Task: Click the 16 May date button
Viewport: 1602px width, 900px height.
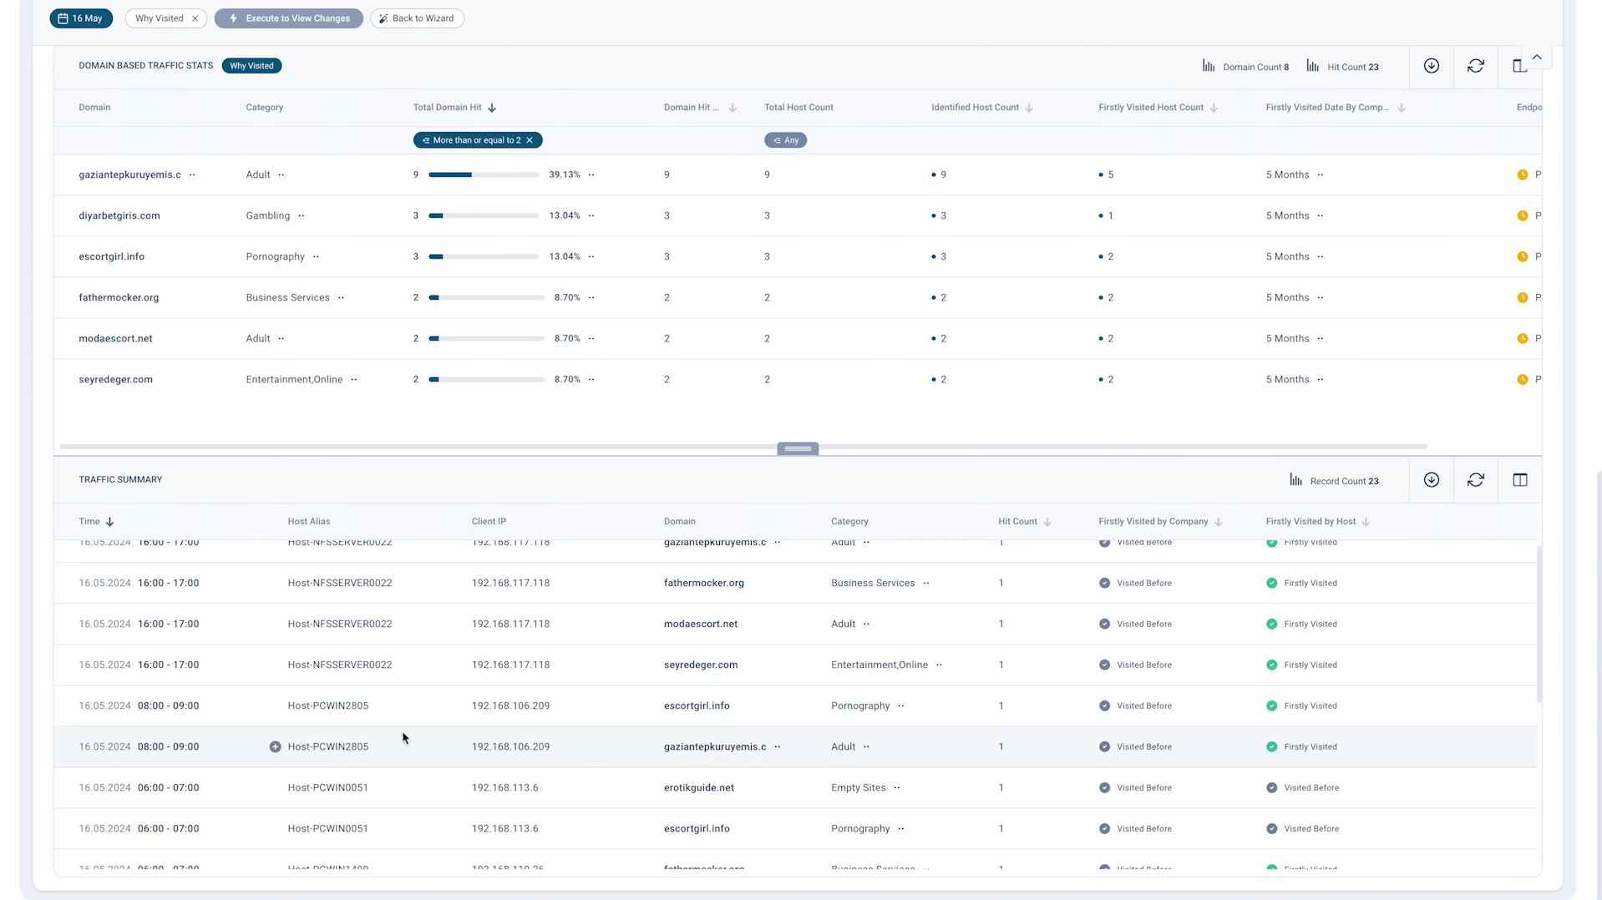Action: (x=81, y=18)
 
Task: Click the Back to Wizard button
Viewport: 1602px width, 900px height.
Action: (x=417, y=18)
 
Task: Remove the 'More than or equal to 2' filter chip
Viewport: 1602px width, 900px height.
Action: (x=530, y=140)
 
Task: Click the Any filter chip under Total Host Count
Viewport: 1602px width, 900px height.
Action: (x=785, y=140)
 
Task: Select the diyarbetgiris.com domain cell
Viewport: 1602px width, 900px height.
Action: (x=119, y=215)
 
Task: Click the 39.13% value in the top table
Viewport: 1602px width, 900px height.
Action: (x=564, y=174)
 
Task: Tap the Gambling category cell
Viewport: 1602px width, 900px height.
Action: (x=268, y=215)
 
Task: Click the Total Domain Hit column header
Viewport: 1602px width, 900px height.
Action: (x=448, y=108)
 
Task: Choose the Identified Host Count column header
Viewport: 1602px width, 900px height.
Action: (x=975, y=108)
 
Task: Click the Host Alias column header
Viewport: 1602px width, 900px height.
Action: (x=309, y=522)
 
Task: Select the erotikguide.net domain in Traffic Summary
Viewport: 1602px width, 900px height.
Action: (x=699, y=787)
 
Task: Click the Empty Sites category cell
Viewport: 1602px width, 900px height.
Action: (x=858, y=787)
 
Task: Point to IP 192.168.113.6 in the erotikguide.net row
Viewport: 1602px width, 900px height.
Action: (x=504, y=787)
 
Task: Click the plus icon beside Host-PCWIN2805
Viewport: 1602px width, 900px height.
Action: (x=275, y=746)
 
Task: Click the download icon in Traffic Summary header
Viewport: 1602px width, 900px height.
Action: (x=1432, y=480)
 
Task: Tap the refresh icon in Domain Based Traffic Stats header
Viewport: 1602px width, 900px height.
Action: (x=1476, y=66)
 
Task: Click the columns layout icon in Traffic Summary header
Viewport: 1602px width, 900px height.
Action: (x=1520, y=480)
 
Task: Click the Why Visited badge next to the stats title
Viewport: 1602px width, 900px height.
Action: (x=251, y=66)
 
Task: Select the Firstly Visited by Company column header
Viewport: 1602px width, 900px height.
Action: (x=1153, y=522)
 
